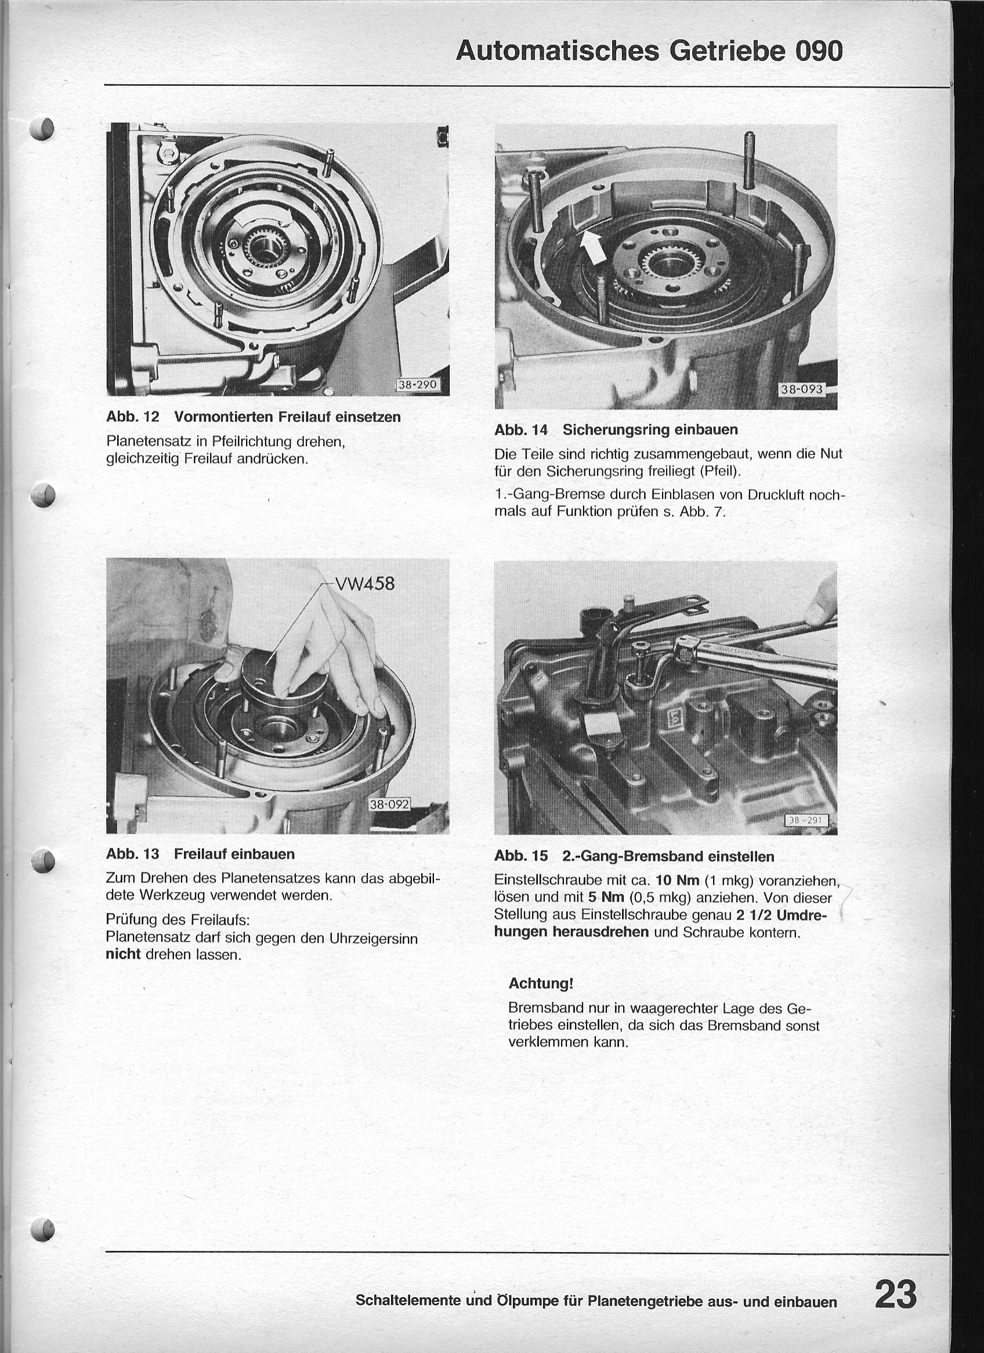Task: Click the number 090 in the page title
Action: (x=818, y=52)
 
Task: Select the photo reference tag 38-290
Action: (x=418, y=385)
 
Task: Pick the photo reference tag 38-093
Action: (x=801, y=390)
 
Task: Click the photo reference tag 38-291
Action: (x=805, y=820)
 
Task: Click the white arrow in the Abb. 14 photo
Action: (x=592, y=247)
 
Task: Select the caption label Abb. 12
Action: (x=132, y=417)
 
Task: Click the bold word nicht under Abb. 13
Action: (x=123, y=954)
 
